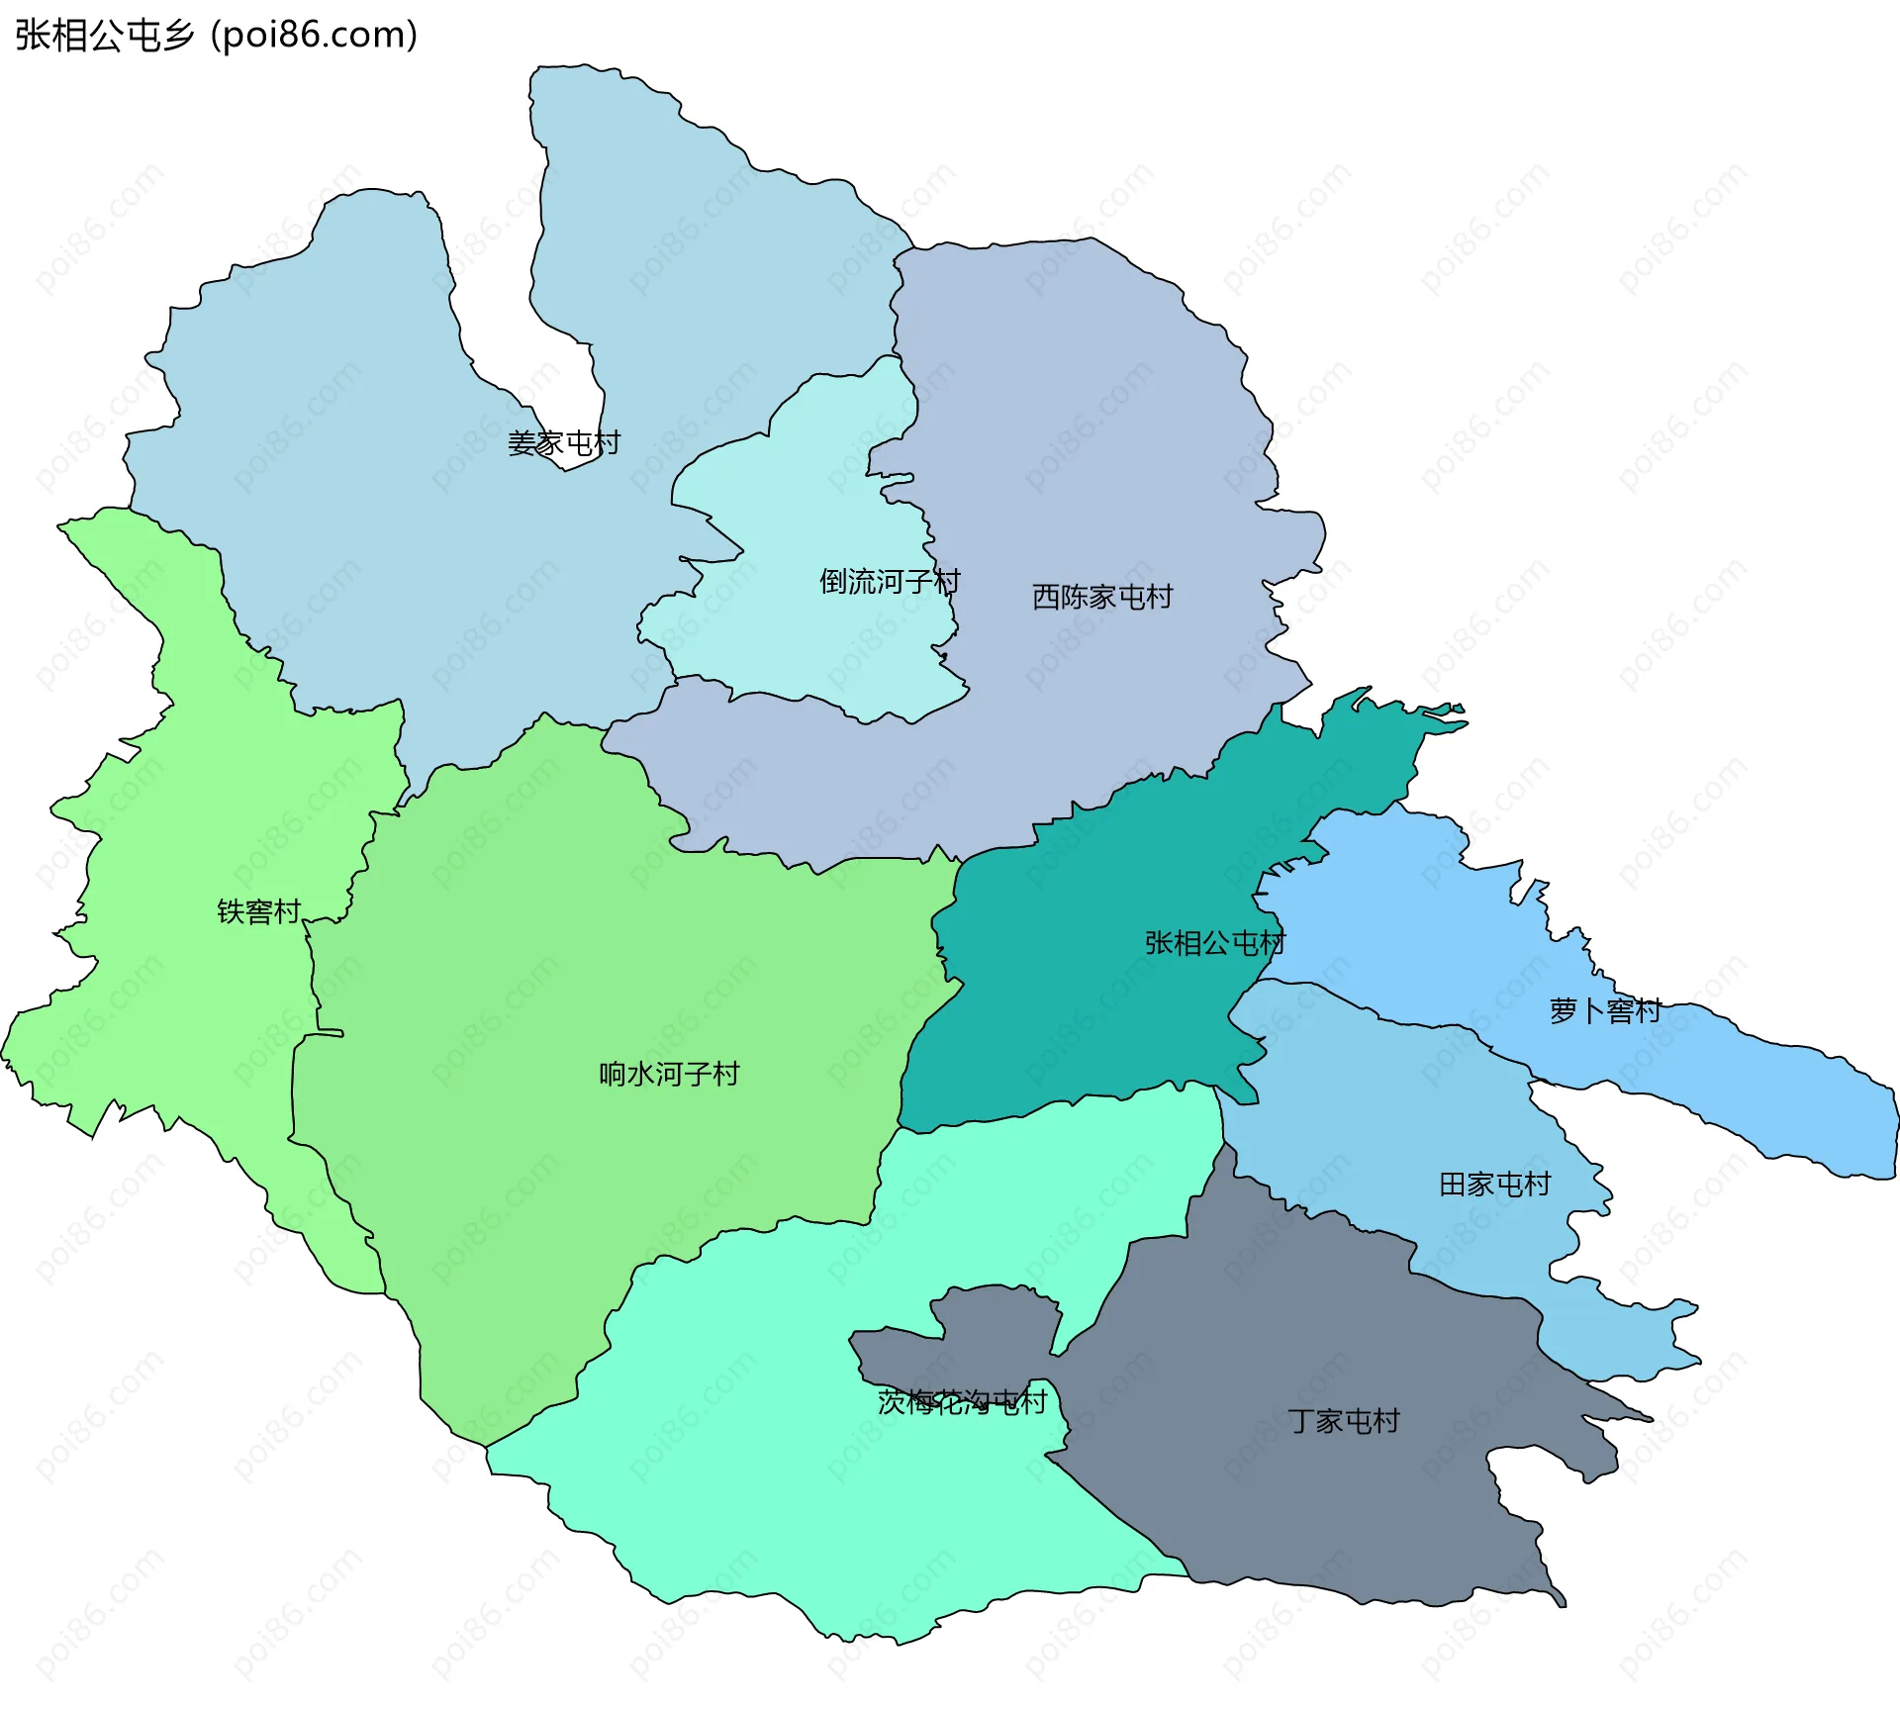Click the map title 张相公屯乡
click(x=104, y=36)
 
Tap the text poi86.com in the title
click(x=315, y=36)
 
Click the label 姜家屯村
click(x=564, y=442)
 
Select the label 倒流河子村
click(x=890, y=581)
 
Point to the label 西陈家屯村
click(x=1102, y=596)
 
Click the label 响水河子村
click(x=669, y=1074)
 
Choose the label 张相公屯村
click(x=1215, y=942)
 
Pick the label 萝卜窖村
click(x=1605, y=1010)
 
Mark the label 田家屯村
click(x=1495, y=1184)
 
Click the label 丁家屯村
click(x=1344, y=1421)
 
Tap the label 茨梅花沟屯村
click(x=962, y=1401)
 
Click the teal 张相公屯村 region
click(x=1089, y=990)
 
